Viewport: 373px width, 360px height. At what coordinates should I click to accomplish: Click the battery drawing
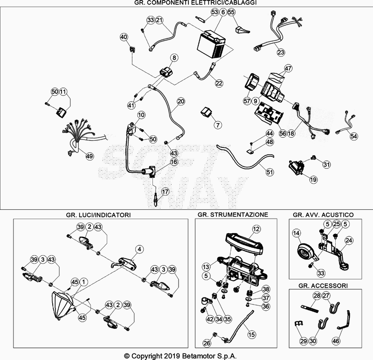click(x=212, y=44)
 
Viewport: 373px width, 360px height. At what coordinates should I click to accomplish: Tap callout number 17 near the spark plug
click(x=165, y=192)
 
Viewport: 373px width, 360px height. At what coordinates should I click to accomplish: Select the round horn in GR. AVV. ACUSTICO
click(x=305, y=253)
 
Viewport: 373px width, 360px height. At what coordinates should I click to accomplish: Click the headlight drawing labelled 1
click(x=62, y=305)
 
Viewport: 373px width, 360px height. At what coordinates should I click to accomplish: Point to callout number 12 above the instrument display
click(x=256, y=229)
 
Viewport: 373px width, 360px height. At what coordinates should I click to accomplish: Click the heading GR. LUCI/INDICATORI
click(x=98, y=215)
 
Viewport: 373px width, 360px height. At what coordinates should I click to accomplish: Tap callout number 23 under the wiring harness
click(x=281, y=52)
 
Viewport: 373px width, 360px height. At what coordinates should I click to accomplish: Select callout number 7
click(x=218, y=125)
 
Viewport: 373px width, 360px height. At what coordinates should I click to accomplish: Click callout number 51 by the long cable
click(x=269, y=172)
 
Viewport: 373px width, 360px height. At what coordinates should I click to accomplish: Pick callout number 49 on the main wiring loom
click(x=90, y=156)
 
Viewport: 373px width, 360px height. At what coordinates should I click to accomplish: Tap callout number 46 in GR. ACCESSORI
click(x=336, y=341)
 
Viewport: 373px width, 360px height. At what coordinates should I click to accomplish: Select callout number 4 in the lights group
click(x=139, y=249)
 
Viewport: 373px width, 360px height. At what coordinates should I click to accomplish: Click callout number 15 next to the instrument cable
click(x=251, y=334)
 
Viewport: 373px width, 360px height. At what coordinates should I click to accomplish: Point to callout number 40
click(x=124, y=37)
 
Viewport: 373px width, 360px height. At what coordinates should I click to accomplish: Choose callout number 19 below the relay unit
click(x=313, y=180)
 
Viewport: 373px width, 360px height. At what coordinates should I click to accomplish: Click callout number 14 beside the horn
click(x=297, y=233)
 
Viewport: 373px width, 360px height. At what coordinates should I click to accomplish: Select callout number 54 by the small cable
click(x=353, y=136)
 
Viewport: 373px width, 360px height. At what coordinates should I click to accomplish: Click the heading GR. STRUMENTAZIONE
click(x=233, y=215)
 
